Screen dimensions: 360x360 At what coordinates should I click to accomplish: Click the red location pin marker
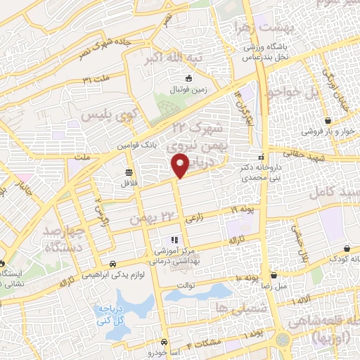click(x=181, y=165)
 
